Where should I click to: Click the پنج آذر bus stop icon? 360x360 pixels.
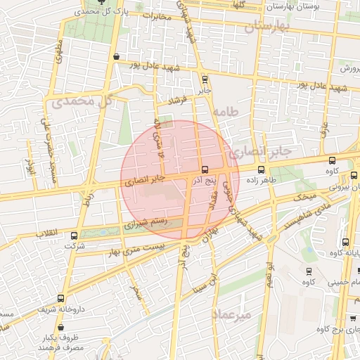coord(205,169)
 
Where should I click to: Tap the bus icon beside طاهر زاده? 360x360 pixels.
coord(262,169)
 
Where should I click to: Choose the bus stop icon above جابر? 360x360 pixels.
coord(205,79)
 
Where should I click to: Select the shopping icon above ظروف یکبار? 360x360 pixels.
coord(60,327)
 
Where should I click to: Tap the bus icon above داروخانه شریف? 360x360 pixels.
coord(60,298)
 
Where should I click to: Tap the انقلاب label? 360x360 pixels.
coord(50,233)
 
